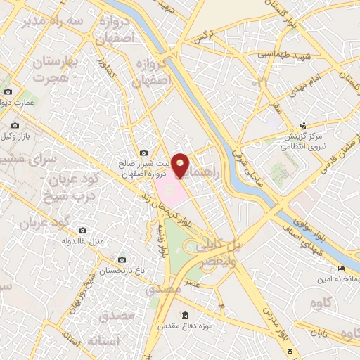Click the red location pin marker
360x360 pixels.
pyautogui.click(x=181, y=165)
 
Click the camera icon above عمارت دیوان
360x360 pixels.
pyautogui.click(x=8, y=92)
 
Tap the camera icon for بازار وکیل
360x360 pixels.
pyautogui.click(x=15, y=127)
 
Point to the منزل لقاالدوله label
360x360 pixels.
pyautogui.click(x=82, y=242)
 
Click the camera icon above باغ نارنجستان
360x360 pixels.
pyautogui.click(x=122, y=260)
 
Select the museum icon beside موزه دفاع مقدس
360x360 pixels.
pyautogui.click(x=185, y=314)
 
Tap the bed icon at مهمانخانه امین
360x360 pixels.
pyautogui.click(x=341, y=268)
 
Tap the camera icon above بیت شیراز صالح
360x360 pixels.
pyautogui.click(x=144, y=153)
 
